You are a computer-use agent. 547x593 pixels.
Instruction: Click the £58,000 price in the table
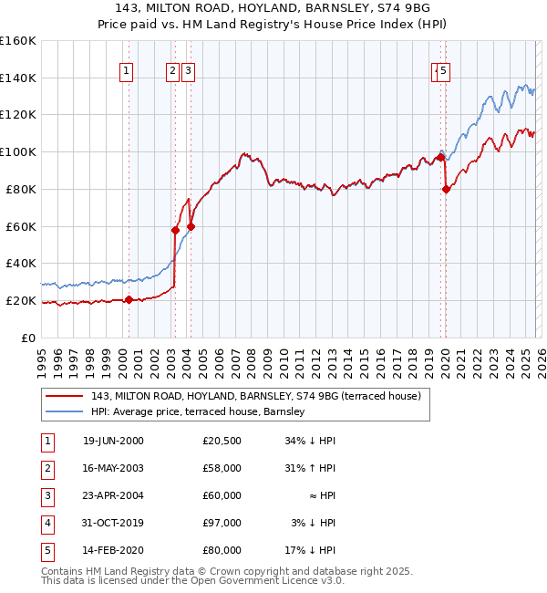coord(222,468)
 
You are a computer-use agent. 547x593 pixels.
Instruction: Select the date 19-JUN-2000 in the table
coord(113,441)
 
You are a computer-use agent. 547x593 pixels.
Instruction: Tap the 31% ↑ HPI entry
coord(313,468)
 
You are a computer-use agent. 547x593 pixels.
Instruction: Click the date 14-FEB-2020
coord(113,550)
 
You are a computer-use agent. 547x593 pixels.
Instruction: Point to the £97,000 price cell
coord(222,523)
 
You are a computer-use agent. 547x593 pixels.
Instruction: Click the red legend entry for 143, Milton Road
coord(255,396)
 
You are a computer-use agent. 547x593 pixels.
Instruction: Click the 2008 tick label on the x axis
coord(251,356)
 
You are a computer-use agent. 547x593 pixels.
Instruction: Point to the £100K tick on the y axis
coord(18,151)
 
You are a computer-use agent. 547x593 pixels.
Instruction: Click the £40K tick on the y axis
coord(20,263)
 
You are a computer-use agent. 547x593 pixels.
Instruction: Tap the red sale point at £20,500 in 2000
coord(129,299)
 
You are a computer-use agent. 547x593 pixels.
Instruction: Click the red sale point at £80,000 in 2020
coord(446,189)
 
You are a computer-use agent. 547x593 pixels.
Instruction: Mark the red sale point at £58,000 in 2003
coord(175,230)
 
